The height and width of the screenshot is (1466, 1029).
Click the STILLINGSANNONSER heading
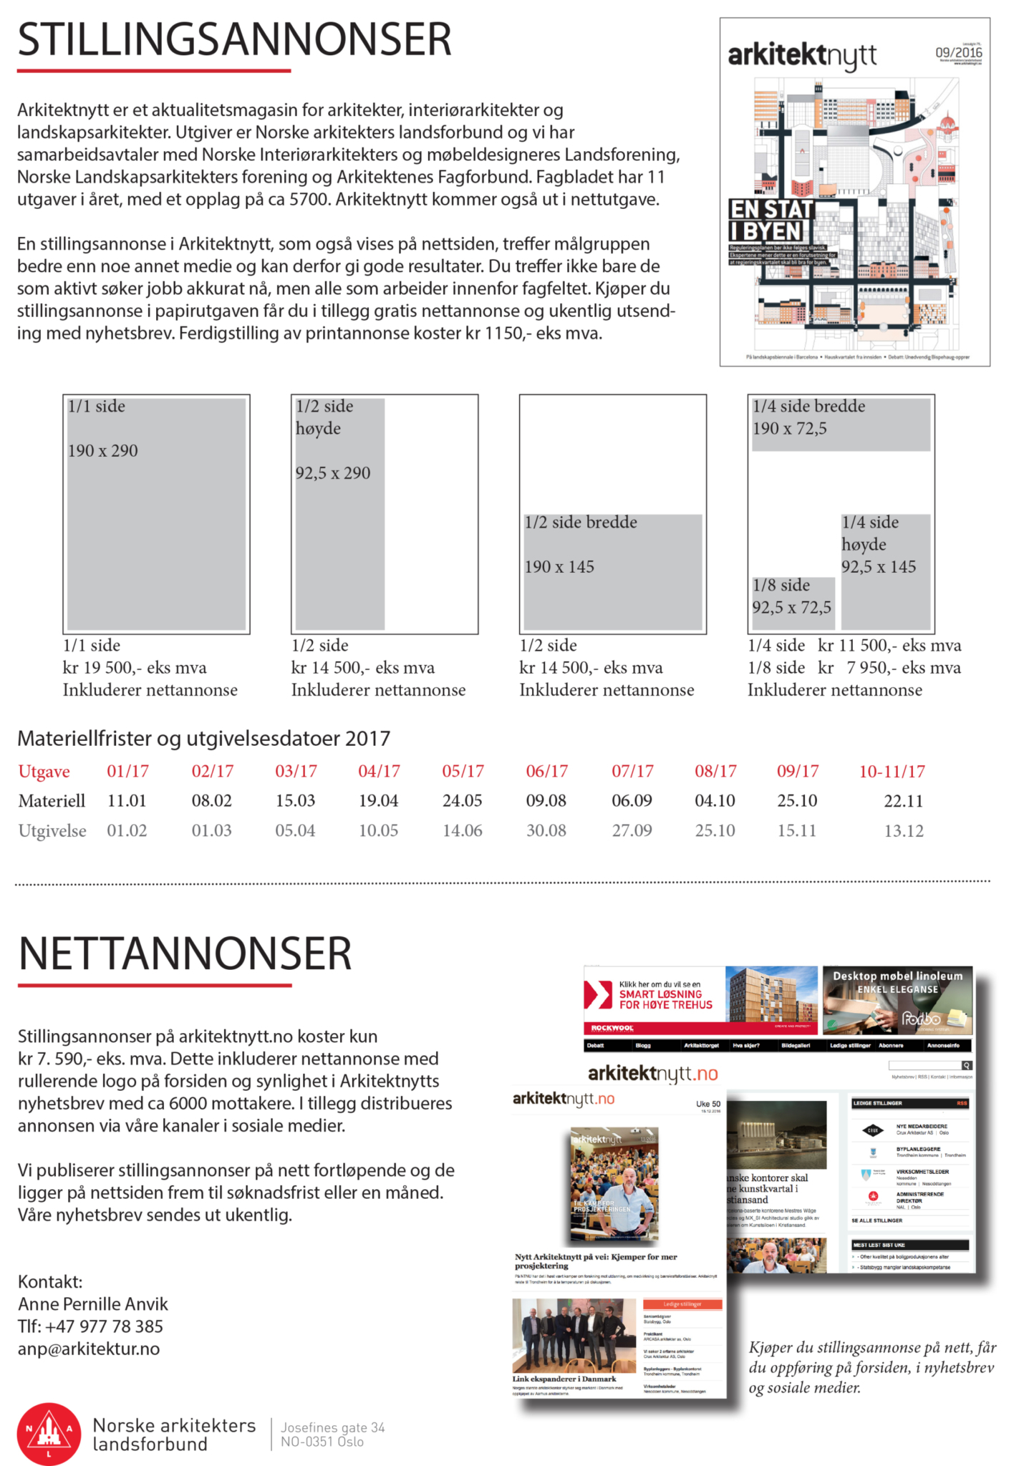tap(234, 40)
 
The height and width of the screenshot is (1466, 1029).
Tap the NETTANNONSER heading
tap(185, 953)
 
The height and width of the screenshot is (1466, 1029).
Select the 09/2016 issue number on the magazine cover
tap(958, 53)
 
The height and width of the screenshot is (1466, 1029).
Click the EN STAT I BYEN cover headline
tap(771, 220)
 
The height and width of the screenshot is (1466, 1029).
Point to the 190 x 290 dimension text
tap(103, 451)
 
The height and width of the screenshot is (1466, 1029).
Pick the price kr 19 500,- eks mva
tap(135, 668)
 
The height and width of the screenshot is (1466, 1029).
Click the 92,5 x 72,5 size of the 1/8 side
tap(791, 608)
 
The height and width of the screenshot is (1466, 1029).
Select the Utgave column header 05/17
tap(463, 772)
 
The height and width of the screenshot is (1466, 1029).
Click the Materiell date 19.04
tap(378, 801)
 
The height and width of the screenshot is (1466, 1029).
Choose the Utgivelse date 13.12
tap(904, 831)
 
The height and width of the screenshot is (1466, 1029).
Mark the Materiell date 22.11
tap(904, 801)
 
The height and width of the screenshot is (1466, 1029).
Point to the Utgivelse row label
tap(52, 831)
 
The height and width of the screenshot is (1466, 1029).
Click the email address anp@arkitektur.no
tap(89, 1349)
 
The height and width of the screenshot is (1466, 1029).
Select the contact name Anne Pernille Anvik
tap(93, 1304)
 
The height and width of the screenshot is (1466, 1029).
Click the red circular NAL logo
tap(49, 1434)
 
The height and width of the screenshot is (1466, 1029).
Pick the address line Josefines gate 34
tap(333, 1428)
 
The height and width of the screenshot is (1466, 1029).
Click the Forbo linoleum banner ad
tap(897, 1001)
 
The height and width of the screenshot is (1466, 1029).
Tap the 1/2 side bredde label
tap(581, 523)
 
